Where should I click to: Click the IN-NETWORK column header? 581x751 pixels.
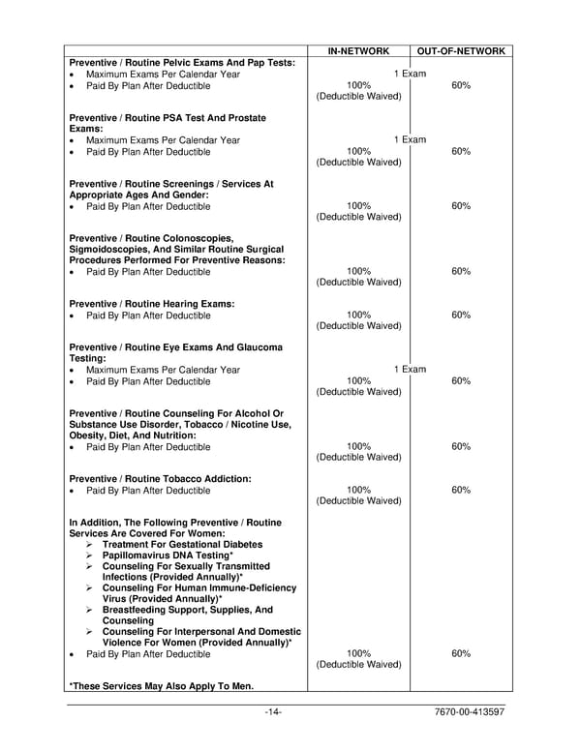[358, 50]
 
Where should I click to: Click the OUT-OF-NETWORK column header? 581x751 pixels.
[461, 50]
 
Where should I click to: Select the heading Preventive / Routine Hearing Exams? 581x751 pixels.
[152, 304]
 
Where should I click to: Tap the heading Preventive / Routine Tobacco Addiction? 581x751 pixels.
[160, 479]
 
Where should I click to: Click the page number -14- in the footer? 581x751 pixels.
[273, 713]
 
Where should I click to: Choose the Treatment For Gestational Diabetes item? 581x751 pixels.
[182, 545]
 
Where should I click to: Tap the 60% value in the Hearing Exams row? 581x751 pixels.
[461, 315]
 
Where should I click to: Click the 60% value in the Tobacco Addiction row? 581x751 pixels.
[461, 491]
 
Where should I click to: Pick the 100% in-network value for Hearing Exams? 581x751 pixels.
[358, 315]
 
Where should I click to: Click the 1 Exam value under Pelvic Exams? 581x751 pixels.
[410, 74]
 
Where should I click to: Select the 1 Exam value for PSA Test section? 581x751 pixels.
[410, 139]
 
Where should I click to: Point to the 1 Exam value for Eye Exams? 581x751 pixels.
[410, 370]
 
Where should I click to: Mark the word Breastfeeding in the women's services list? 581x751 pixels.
[141, 611]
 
